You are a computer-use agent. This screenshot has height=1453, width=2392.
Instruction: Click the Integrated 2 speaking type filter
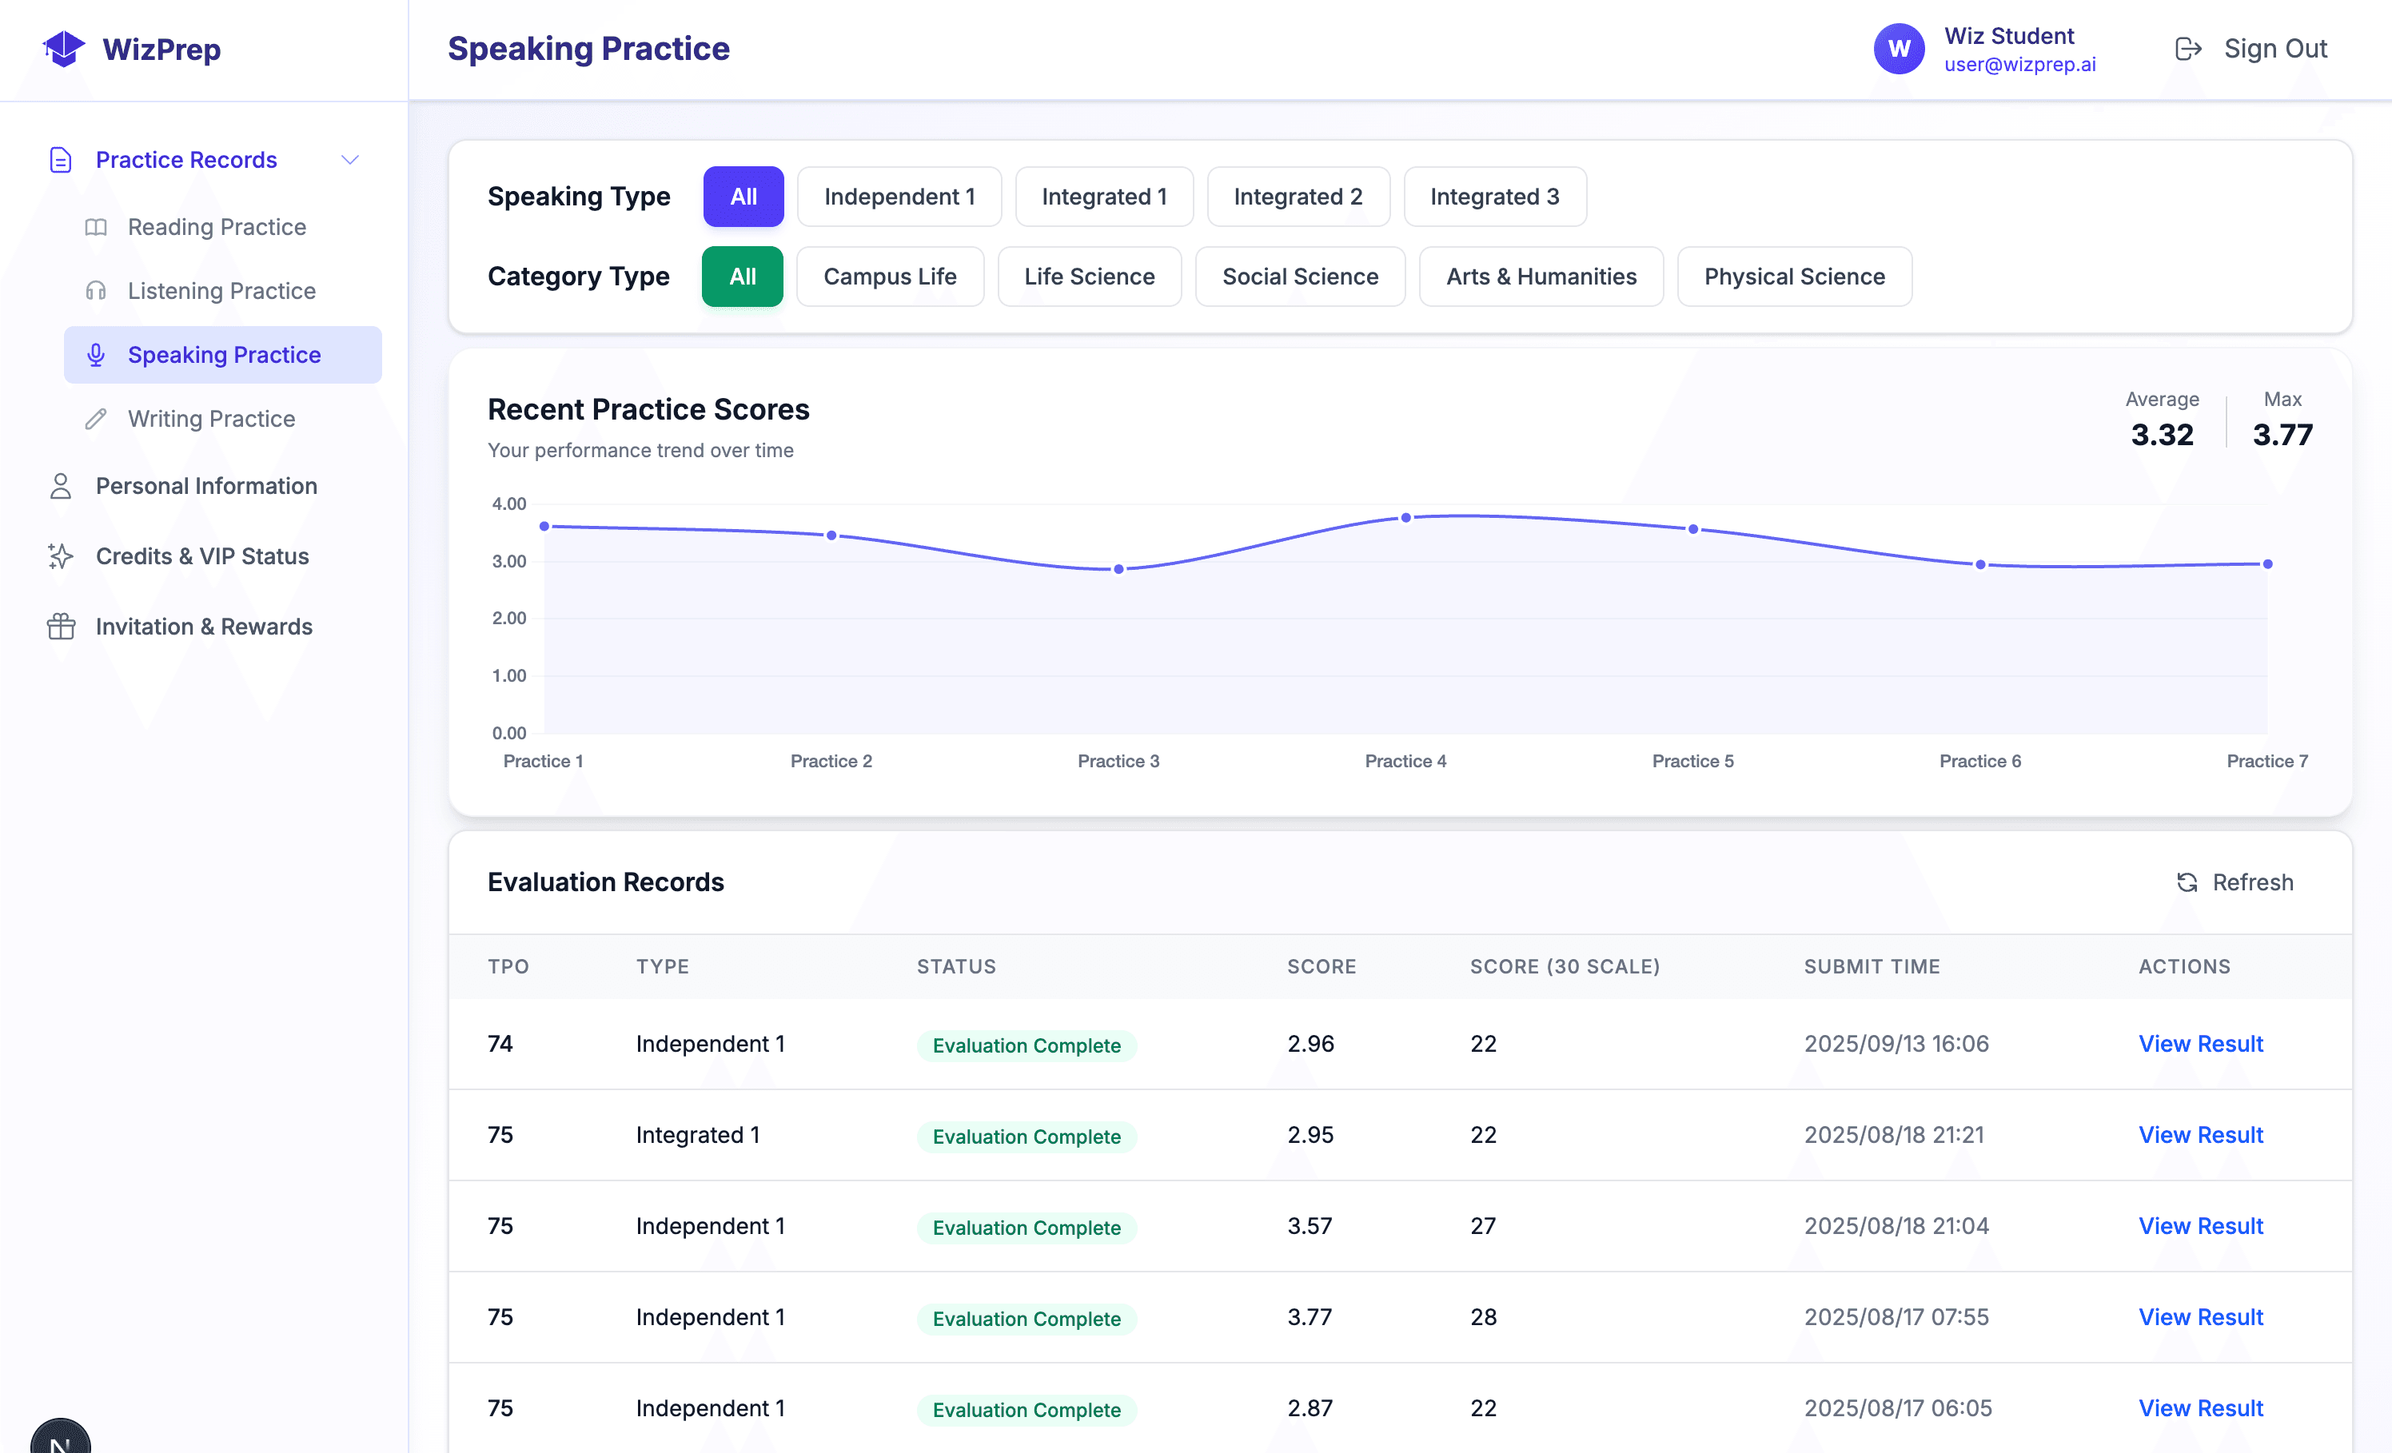point(1298,197)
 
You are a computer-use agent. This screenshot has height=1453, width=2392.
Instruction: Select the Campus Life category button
point(889,277)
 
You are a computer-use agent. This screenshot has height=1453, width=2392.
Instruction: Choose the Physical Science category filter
point(1794,277)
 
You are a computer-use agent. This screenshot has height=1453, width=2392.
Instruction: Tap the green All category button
point(742,277)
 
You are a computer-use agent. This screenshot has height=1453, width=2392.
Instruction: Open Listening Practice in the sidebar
point(221,291)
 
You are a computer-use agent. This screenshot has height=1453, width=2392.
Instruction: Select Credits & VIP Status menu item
point(202,556)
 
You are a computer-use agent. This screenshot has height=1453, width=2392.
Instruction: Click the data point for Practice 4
point(1405,517)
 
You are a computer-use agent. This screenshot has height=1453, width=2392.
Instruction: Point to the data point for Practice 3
point(1118,570)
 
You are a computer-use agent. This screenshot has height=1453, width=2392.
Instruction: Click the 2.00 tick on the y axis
point(508,619)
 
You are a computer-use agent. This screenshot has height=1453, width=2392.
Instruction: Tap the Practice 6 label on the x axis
point(1979,761)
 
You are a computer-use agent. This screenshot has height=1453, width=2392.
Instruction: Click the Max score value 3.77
point(2282,435)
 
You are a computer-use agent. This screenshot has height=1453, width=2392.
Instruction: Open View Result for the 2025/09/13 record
point(2200,1045)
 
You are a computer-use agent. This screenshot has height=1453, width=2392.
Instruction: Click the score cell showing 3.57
point(1310,1226)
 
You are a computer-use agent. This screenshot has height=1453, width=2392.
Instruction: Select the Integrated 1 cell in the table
point(697,1135)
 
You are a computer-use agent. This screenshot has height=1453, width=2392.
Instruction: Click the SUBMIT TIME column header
point(1871,967)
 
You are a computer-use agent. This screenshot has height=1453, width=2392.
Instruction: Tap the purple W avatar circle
point(1899,49)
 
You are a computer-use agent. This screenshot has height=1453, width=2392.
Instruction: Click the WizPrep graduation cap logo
point(64,49)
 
